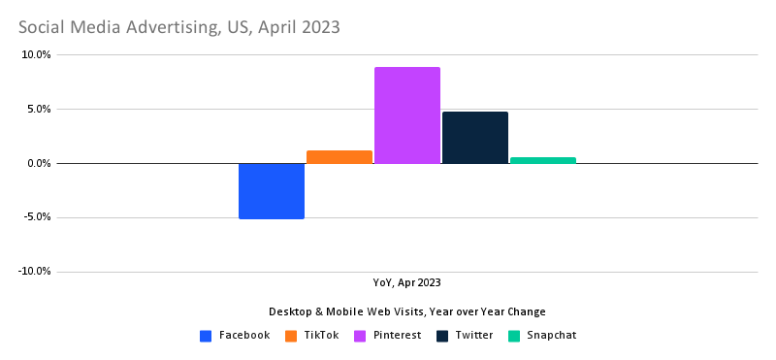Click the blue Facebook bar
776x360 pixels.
coord(272,191)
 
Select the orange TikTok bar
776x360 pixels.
coord(339,157)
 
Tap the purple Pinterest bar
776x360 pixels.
coord(407,115)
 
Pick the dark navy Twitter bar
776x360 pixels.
coord(475,138)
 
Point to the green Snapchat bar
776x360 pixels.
coord(543,160)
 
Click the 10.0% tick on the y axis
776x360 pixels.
coord(35,55)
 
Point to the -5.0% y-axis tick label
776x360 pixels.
coord(36,217)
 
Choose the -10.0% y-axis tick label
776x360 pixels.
coord(34,272)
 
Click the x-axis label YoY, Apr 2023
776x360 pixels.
coord(407,282)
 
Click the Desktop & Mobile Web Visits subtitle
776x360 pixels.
coord(407,311)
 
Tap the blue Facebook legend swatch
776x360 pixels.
coord(206,336)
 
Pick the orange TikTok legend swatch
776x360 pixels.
coord(291,336)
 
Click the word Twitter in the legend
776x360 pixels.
coord(473,336)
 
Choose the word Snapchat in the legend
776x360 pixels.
coord(552,336)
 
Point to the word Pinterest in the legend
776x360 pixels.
coord(399,336)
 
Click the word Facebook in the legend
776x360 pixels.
coord(244,336)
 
